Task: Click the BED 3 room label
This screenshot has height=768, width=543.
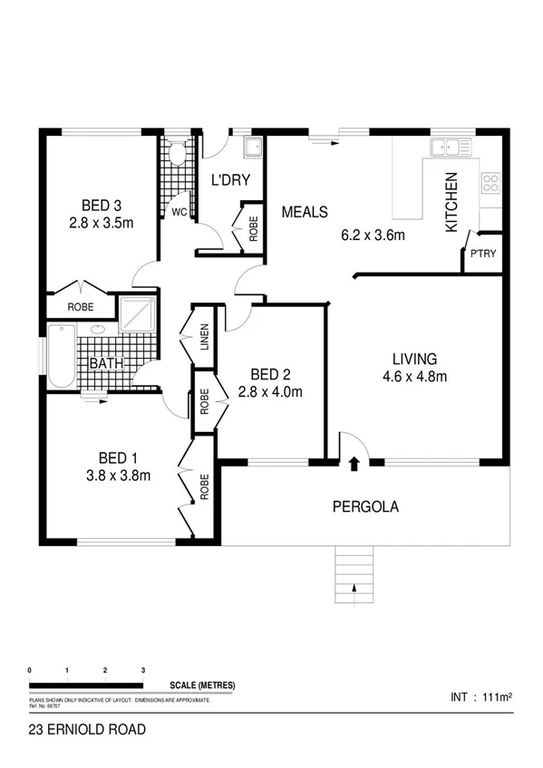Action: [x=101, y=204]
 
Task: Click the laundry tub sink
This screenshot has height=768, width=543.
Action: [x=253, y=148]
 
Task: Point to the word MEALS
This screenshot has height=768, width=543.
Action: [x=304, y=213]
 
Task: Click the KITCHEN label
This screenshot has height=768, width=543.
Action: [x=451, y=203]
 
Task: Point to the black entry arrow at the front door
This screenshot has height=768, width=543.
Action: [x=354, y=465]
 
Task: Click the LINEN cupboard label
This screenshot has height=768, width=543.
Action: [x=205, y=338]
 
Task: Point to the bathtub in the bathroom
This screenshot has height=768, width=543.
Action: [x=61, y=356]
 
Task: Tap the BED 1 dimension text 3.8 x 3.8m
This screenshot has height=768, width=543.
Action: [x=118, y=475]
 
